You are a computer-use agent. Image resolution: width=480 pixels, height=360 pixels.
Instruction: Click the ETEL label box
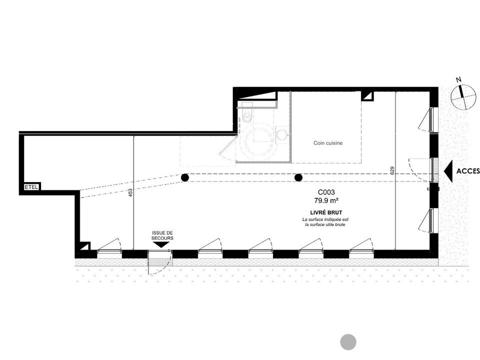point(32,186)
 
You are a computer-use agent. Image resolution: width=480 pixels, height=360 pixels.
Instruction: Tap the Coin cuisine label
point(328,143)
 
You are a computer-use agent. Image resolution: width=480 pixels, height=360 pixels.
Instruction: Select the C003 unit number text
point(326,192)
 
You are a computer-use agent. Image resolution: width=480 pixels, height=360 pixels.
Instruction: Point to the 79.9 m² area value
point(326,200)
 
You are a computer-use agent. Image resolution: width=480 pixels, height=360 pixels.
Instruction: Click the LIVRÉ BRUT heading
point(326,212)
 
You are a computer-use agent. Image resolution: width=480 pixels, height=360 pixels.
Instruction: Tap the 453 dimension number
point(130,192)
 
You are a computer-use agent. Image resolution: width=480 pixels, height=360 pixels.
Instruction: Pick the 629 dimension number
point(392,170)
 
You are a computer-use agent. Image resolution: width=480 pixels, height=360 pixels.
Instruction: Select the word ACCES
point(468,171)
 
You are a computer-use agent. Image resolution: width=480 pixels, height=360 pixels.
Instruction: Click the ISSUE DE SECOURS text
point(162,235)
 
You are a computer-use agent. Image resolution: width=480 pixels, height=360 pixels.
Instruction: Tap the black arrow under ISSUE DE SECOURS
point(161,245)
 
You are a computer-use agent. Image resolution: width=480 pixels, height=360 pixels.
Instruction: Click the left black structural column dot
point(185,177)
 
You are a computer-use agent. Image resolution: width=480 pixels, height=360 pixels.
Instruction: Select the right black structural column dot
point(298,177)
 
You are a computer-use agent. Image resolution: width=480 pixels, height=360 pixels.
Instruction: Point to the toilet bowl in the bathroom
point(246,116)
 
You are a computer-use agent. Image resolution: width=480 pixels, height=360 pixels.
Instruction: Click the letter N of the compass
point(458,80)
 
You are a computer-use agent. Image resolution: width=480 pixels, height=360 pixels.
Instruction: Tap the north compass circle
point(463,96)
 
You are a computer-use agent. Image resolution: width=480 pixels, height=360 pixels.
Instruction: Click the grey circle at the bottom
point(348,341)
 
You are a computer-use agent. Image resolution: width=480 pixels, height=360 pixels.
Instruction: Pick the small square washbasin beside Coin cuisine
point(282,134)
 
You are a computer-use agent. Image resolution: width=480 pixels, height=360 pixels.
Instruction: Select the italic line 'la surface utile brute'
point(325,224)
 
